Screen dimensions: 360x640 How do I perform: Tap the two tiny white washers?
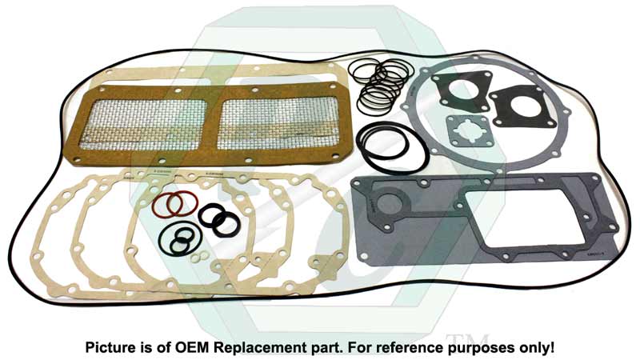tap(199, 254)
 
